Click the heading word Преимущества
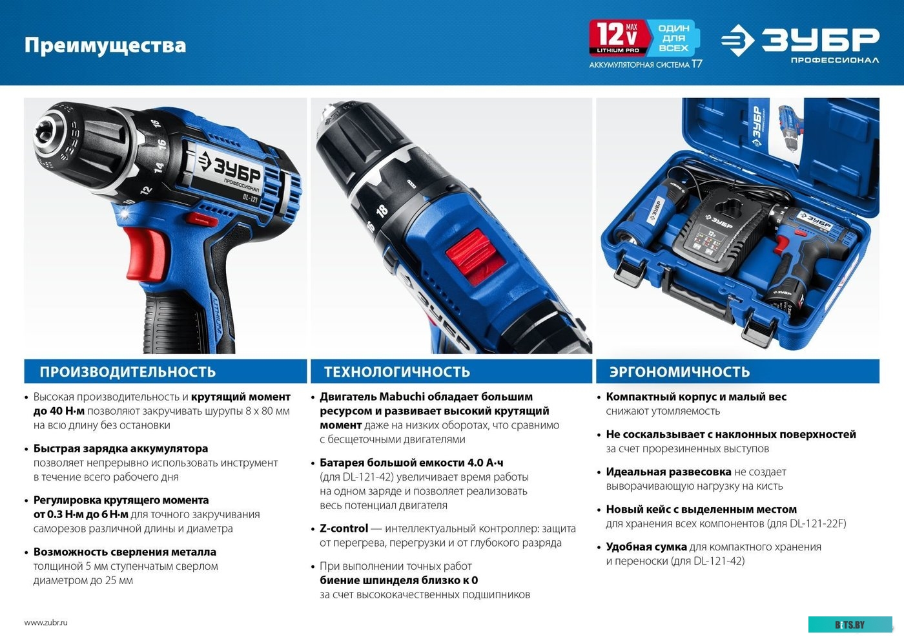105,45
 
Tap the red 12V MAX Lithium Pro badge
619,37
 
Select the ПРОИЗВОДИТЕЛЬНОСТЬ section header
128,372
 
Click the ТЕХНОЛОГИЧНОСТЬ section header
397,372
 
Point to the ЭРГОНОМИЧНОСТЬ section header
679,372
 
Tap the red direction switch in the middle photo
476,256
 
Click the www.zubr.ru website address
46,622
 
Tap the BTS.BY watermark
850,624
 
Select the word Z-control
344,529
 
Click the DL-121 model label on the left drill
251,198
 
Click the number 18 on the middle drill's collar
382,210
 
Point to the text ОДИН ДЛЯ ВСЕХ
673,38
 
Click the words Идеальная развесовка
668,472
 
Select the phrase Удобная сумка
646,547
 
